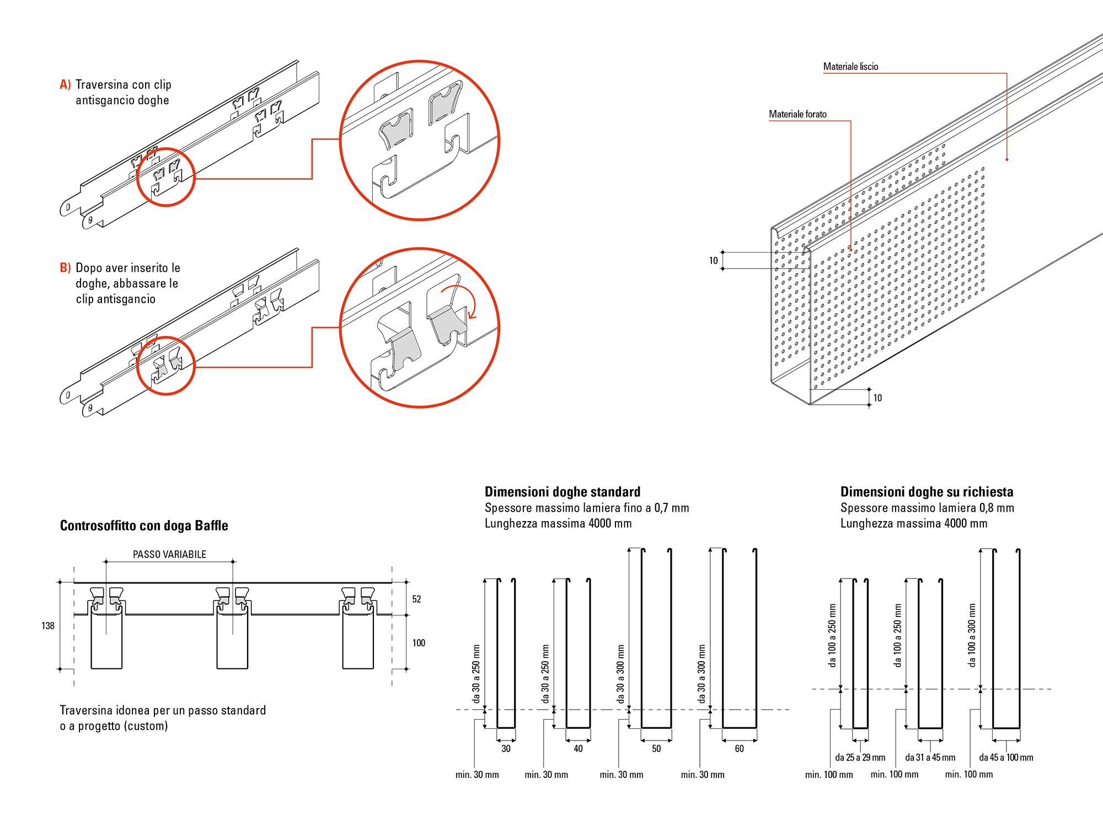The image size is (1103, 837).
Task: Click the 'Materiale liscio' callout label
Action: pyautogui.click(x=850, y=67)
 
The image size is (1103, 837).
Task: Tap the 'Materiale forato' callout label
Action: pyautogui.click(x=797, y=114)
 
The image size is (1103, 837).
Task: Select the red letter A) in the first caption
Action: pyautogui.click(x=65, y=84)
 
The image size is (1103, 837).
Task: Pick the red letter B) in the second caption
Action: pyautogui.click(x=65, y=267)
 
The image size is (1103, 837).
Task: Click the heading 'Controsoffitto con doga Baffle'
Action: pyautogui.click(x=144, y=525)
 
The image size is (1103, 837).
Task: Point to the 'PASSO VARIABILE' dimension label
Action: pyautogui.click(x=169, y=554)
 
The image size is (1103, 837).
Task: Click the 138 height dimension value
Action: pyautogui.click(x=48, y=626)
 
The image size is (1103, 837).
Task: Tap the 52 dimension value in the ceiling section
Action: pyautogui.click(x=416, y=599)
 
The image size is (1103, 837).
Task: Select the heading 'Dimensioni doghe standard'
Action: pyautogui.click(x=563, y=492)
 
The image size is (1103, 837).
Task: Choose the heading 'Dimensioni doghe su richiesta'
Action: pyautogui.click(x=927, y=492)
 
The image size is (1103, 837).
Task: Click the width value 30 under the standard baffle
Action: pyautogui.click(x=506, y=749)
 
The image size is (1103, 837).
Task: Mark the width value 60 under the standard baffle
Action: pyautogui.click(x=739, y=749)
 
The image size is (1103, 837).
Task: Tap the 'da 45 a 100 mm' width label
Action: pyautogui.click(x=1006, y=758)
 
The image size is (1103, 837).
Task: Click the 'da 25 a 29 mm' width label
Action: pyautogui.click(x=860, y=758)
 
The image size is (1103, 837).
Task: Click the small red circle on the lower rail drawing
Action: pyautogui.click(x=166, y=365)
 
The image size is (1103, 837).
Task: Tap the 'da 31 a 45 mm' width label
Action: pyautogui.click(x=930, y=758)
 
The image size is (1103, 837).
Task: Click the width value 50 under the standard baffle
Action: pyautogui.click(x=656, y=749)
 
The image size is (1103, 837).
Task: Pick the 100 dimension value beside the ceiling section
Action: pyautogui.click(x=419, y=643)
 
